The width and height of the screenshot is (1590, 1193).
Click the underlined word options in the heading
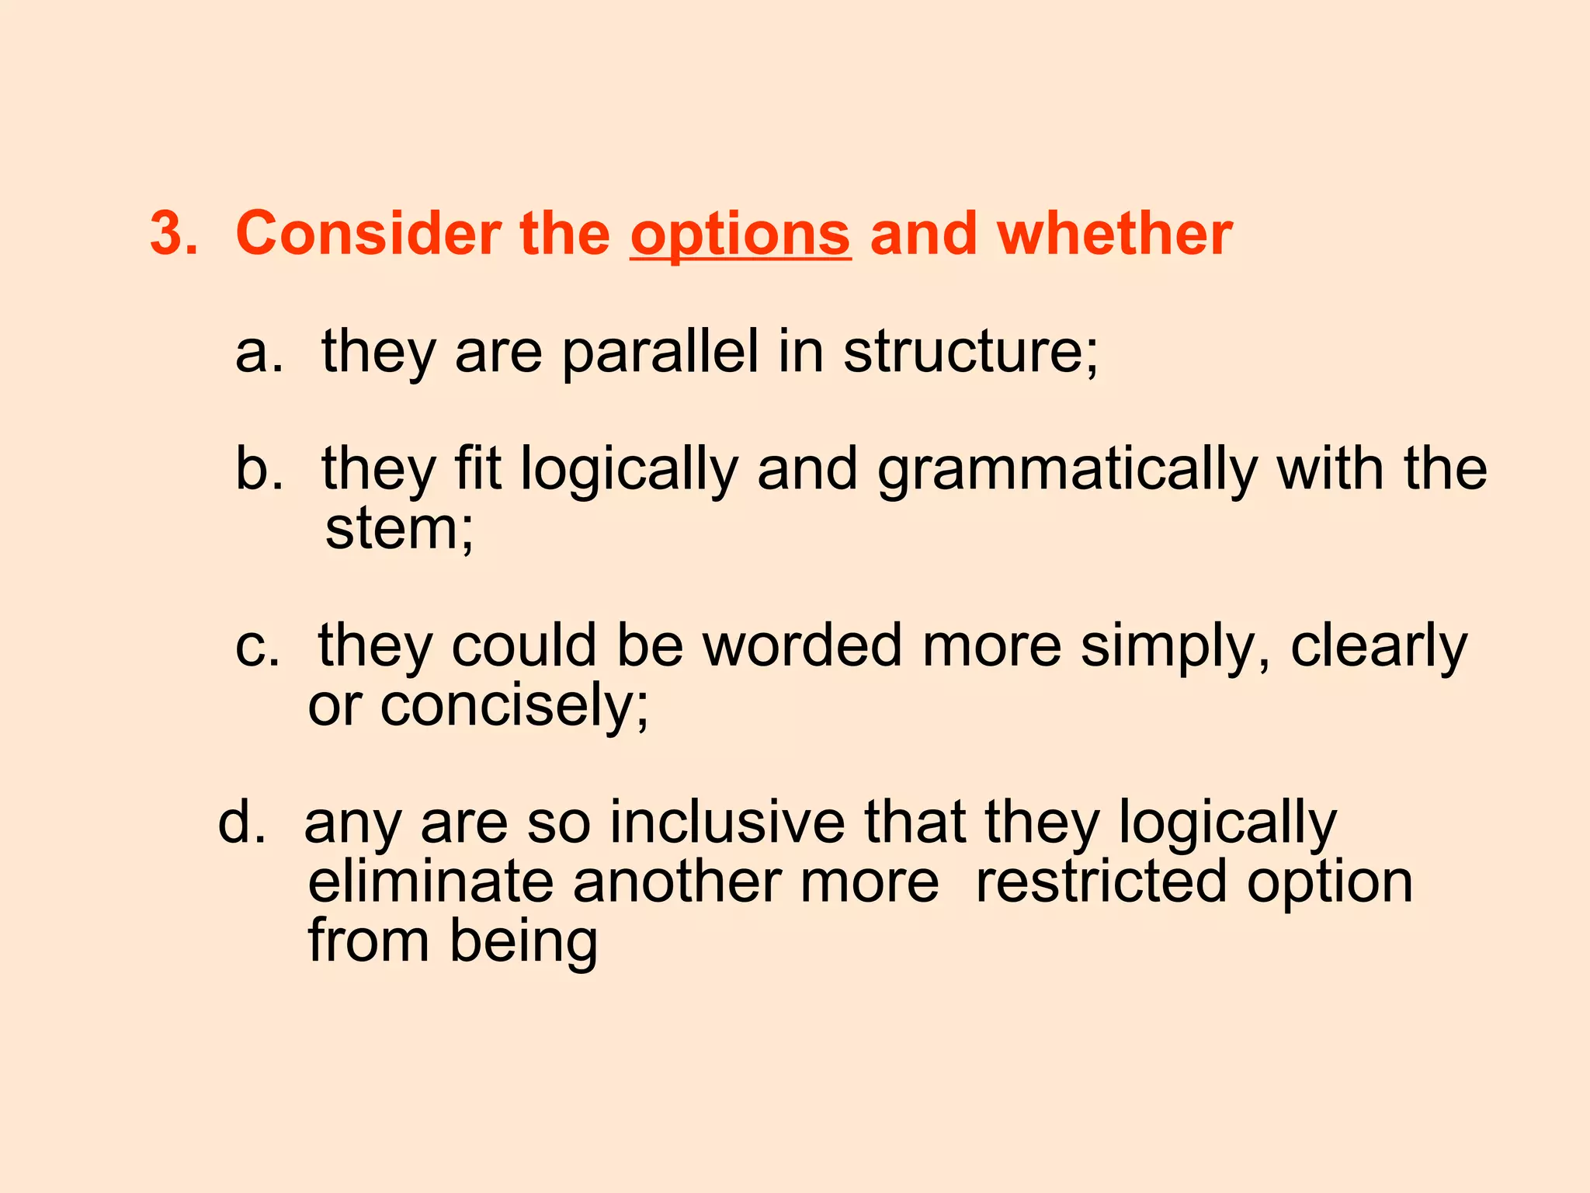click(740, 235)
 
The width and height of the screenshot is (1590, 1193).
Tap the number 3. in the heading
click(174, 233)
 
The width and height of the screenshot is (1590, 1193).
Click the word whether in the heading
click(1114, 233)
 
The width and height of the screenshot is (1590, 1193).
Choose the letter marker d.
click(241, 823)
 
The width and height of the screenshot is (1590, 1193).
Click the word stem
click(392, 529)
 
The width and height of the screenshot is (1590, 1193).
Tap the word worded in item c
click(803, 645)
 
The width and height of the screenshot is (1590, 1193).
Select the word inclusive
click(727, 823)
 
